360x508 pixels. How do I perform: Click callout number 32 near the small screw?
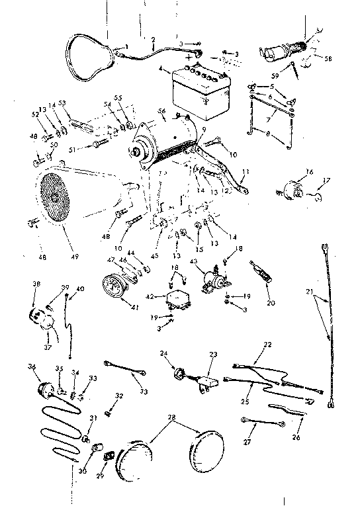click(119, 396)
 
